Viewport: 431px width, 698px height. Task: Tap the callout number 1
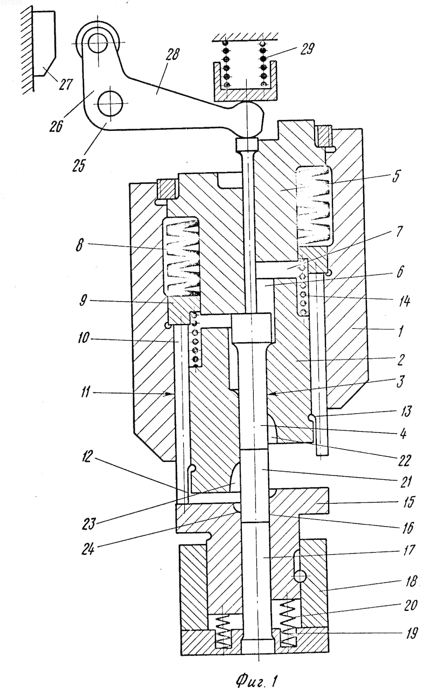click(x=400, y=330)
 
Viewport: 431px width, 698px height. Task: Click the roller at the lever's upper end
click(x=98, y=43)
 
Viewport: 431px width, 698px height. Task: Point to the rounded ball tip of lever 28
click(x=249, y=119)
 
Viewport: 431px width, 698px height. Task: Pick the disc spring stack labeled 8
click(x=181, y=257)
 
